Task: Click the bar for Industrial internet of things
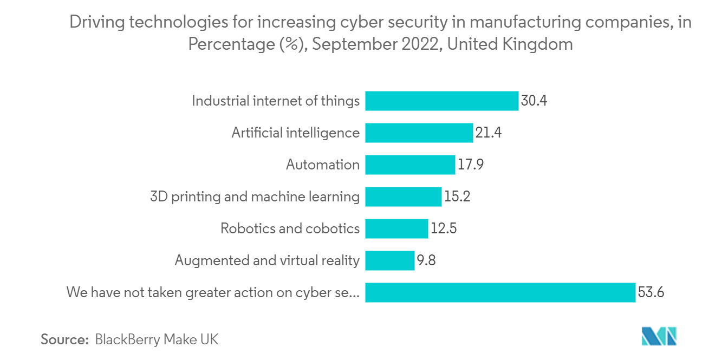(441, 101)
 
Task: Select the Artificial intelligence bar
(419, 133)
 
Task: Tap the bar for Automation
(409, 165)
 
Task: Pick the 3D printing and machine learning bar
(403, 197)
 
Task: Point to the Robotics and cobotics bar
(396, 228)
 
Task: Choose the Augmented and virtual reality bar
(389, 260)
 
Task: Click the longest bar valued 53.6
(499, 292)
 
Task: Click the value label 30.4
(534, 101)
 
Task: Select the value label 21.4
(488, 133)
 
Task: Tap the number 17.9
(470, 165)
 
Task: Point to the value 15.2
(457, 197)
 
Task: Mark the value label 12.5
(444, 228)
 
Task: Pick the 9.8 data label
(426, 260)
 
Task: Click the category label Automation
(322, 165)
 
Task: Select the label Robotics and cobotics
(290, 228)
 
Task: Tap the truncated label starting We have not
(212, 292)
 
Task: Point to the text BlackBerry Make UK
(157, 339)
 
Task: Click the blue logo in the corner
(659, 337)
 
